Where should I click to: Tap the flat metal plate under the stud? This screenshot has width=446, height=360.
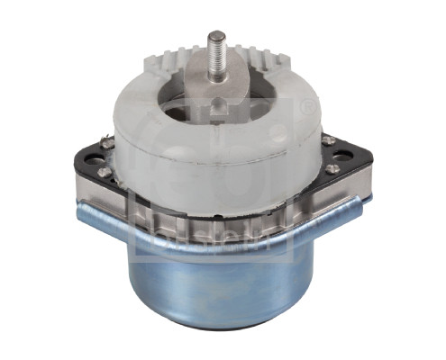tap(236, 85)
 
